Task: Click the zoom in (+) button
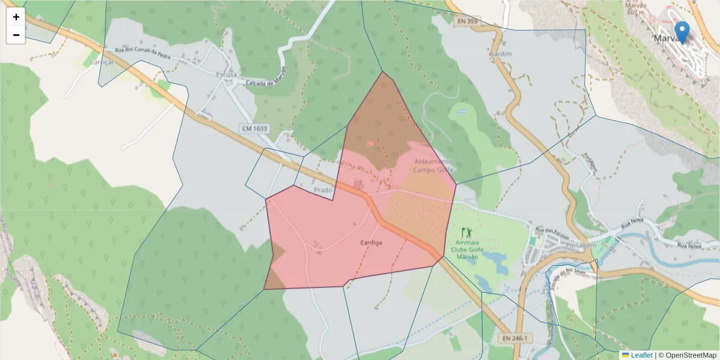16,17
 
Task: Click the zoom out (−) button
16,35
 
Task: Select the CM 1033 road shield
254,128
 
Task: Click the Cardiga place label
371,242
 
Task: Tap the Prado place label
323,190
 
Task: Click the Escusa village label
226,75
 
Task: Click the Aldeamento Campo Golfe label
432,166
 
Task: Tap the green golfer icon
466,232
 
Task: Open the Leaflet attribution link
641,355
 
